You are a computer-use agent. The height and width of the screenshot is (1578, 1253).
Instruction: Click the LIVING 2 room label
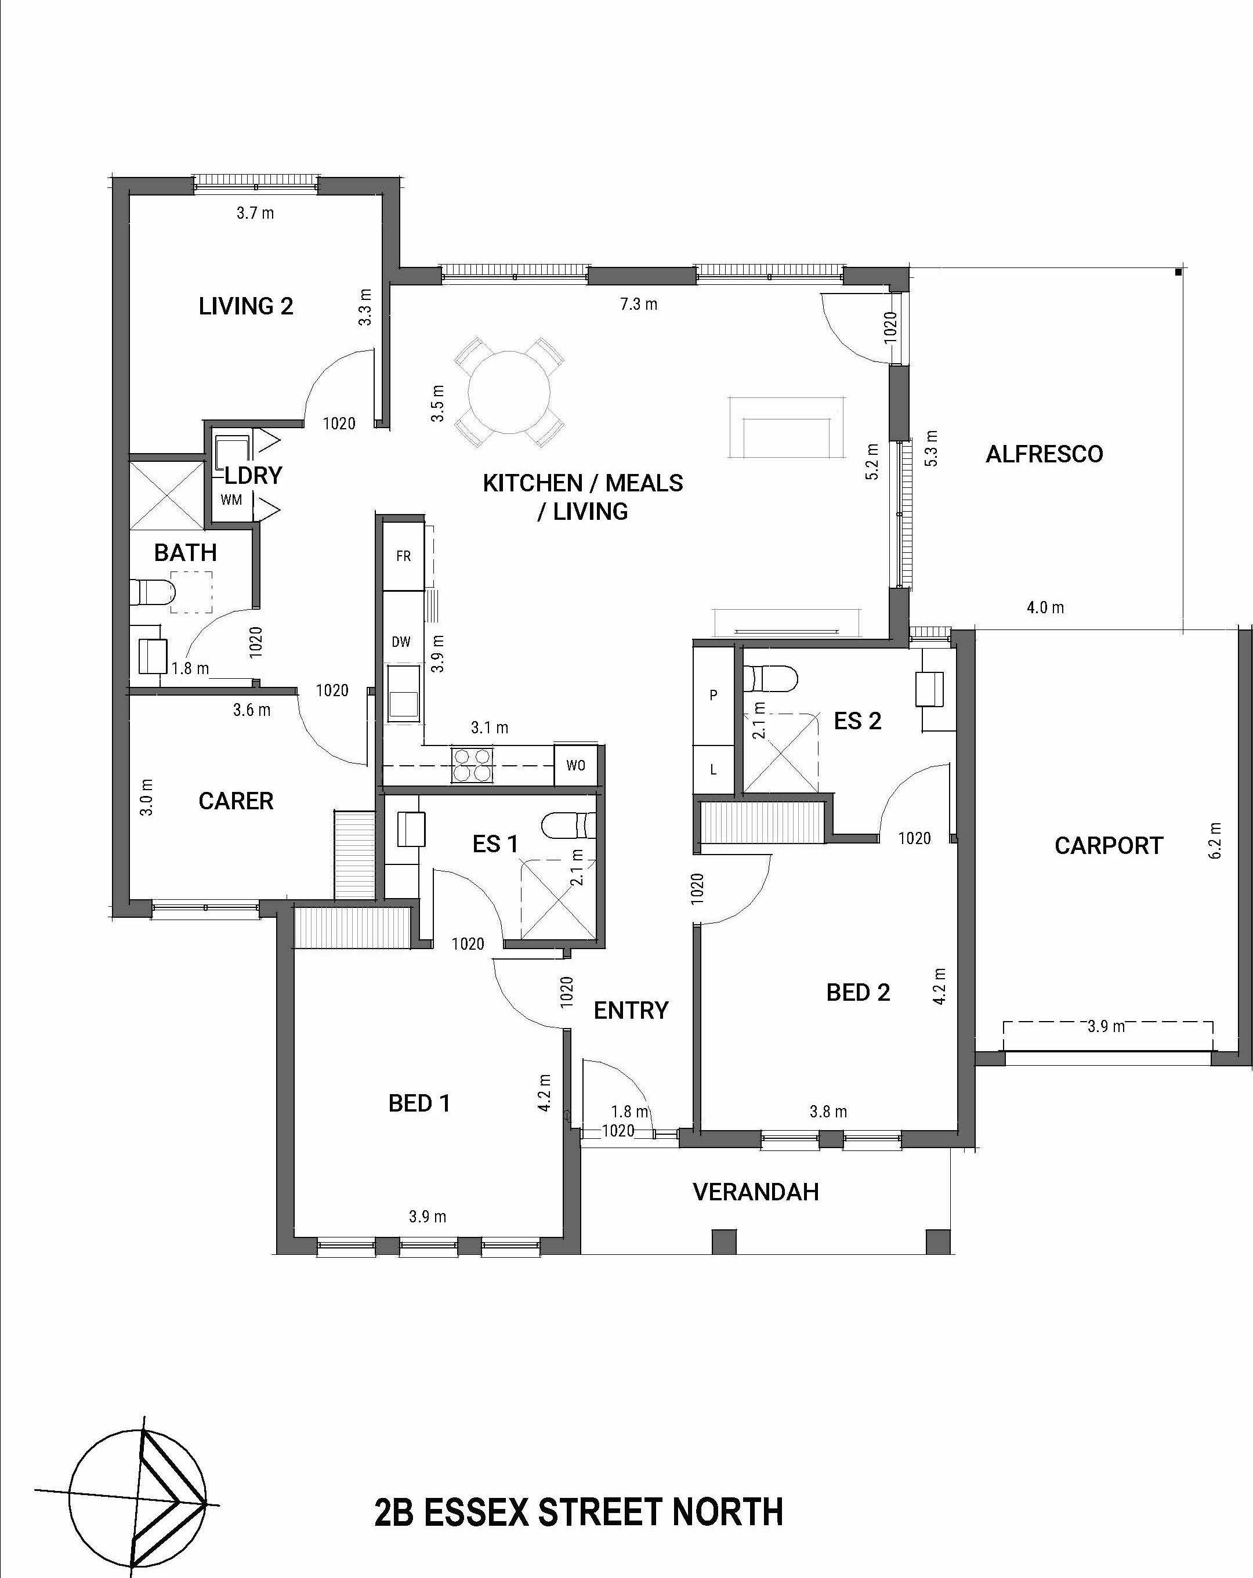tap(246, 306)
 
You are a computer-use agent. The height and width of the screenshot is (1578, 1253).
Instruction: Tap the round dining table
tap(509, 392)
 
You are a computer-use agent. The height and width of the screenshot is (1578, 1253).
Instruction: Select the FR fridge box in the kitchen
tap(403, 556)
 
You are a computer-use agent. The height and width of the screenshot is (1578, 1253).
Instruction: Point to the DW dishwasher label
tap(401, 642)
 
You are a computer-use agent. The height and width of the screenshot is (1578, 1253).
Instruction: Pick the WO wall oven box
tap(575, 766)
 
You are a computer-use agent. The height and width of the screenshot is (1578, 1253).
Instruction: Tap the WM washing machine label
tap(231, 500)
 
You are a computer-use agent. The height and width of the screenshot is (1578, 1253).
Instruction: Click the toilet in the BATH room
tap(152, 591)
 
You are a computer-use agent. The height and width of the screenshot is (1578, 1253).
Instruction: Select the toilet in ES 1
tap(568, 826)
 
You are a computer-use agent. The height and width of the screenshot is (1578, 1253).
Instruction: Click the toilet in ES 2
tap(769, 678)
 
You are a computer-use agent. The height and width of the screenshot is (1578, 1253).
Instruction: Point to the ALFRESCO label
tap(1044, 454)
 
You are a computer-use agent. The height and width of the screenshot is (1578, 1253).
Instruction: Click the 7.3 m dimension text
tap(638, 304)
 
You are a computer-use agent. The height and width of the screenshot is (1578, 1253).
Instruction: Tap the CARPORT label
tap(1108, 846)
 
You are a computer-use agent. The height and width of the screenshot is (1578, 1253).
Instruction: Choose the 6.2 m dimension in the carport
tap(1215, 840)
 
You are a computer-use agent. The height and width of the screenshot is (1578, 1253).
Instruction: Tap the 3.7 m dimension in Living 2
tap(255, 213)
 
